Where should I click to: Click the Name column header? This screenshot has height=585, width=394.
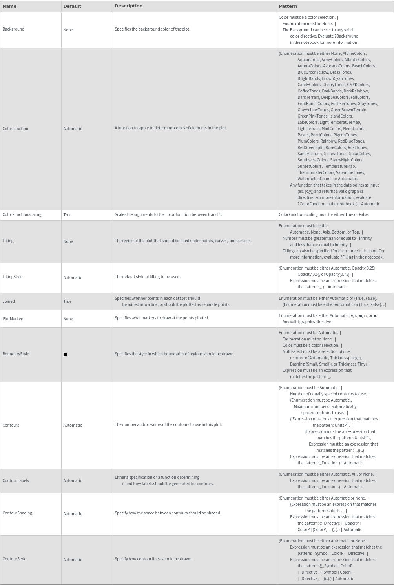coord(9,6)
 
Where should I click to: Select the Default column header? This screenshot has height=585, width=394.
coord(72,6)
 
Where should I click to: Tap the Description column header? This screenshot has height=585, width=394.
coord(129,6)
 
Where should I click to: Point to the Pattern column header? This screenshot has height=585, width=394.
coord(288,6)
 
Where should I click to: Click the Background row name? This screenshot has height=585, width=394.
coord(13,29)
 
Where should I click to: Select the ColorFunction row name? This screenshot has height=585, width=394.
coord(15,129)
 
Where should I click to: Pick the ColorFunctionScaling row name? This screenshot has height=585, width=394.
coord(22,215)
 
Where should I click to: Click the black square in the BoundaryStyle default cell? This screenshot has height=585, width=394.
coord(65,354)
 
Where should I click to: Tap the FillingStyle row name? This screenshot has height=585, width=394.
coord(13,277)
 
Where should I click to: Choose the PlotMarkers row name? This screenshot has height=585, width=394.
coord(13,319)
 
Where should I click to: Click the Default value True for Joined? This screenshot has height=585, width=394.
coord(67,302)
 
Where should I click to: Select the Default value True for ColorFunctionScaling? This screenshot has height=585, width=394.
coord(67,215)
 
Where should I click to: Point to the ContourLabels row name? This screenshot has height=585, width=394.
coord(16,481)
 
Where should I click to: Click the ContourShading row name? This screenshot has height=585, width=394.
coord(17,513)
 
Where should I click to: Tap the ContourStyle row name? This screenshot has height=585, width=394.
coord(15,559)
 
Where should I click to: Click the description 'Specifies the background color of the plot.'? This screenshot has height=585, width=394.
coord(152,29)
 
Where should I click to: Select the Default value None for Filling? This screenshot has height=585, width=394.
coord(68,242)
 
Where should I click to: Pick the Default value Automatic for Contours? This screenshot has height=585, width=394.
coord(73,426)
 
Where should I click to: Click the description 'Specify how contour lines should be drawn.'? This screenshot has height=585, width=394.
coord(153,559)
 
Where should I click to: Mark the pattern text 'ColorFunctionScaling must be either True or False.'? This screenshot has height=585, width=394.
coord(324,215)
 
